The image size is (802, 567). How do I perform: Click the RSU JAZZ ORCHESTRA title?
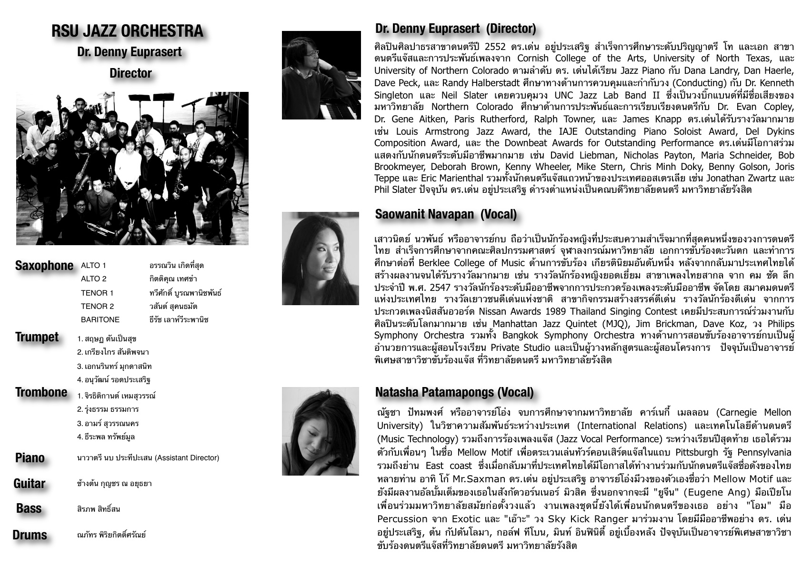[127, 31]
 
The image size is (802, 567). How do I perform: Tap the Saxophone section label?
[44, 266]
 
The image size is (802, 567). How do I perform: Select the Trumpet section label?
[37, 337]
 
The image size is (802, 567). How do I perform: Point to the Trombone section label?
[41, 392]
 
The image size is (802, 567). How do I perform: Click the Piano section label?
[30, 458]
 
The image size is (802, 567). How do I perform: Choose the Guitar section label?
[30, 484]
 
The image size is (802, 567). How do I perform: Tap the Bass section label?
[29, 508]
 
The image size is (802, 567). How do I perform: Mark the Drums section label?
[30, 535]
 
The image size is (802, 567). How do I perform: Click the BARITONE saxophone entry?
[100, 319]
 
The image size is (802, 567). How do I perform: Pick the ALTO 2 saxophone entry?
[94, 279]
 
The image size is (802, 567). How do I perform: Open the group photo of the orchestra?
[132, 169]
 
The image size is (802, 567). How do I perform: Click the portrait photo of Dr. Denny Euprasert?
[321, 75]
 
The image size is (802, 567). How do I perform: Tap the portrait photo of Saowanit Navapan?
[320, 259]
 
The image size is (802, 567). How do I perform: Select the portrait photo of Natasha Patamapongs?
[320, 431]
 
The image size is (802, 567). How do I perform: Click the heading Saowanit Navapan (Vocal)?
[446, 214]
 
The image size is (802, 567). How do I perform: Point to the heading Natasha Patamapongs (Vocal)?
[454, 392]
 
